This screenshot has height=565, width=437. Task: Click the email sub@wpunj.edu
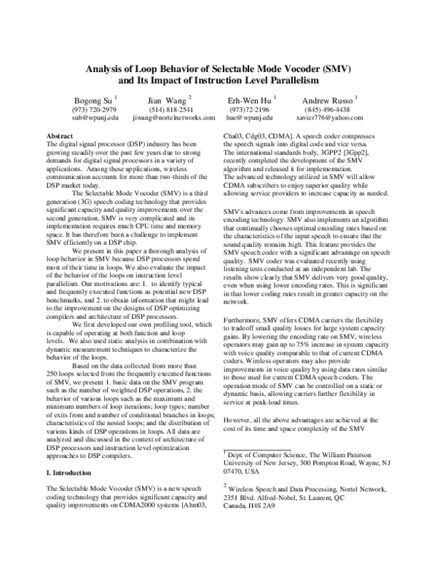(x=91, y=116)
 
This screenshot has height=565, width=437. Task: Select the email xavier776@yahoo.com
(x=328, y=116)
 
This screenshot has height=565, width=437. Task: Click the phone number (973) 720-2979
(x=91, y=108)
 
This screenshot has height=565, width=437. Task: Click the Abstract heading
(x=59, y=136)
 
